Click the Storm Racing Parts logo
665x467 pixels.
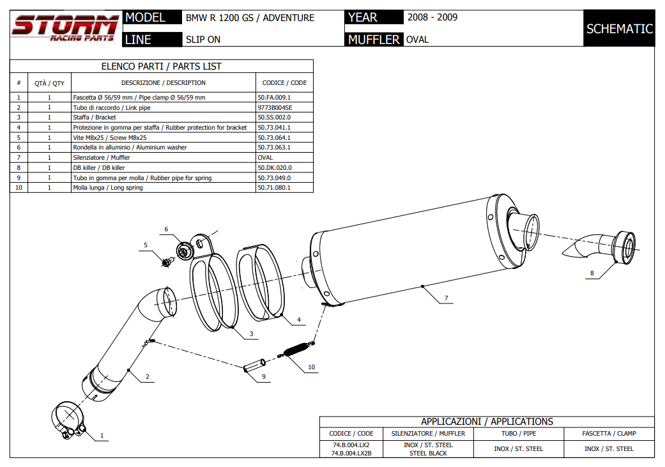(x=65, y=28)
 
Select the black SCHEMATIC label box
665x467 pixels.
(x=619, y=29)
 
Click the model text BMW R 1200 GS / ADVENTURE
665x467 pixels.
(x=250, y=18)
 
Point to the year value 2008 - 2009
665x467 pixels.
(x=432, y=17)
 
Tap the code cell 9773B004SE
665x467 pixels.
(x=275, y=107)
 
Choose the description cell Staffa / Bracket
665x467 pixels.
(x=95, y=118)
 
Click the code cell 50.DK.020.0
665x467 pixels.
(x=275, y=167)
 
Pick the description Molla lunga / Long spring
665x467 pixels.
(x=108, y=188)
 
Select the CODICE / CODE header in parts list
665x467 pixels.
(x=284, y=82)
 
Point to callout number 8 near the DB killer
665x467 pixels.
(x=592, y=273)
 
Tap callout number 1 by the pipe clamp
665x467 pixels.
(x=102, y=436)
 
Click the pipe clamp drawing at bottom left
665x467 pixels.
(x=65, y=419)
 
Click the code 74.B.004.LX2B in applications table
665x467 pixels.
(x=351, y=453)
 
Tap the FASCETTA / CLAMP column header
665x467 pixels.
(x=609, y=433)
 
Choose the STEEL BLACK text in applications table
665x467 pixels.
(x=428, y=453)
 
